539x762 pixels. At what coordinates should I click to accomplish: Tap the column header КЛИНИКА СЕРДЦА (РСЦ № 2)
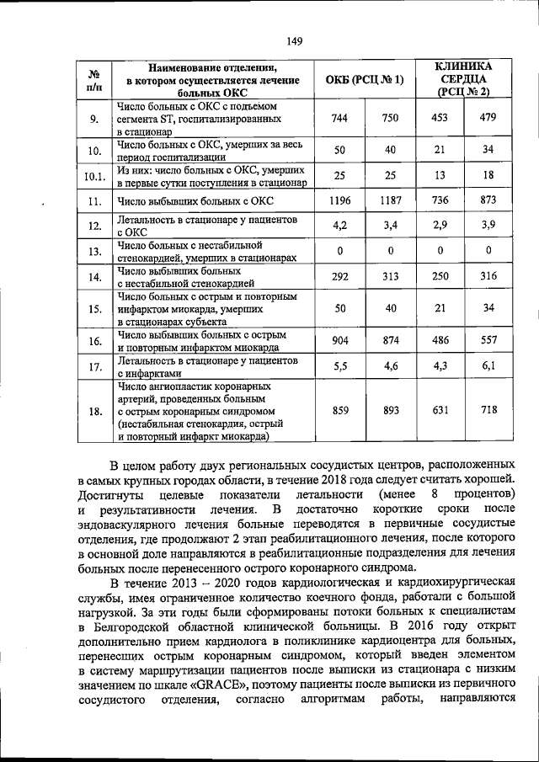coord(464,79)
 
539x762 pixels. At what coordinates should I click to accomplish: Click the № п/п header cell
coord(95,80)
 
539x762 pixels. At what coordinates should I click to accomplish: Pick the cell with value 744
coord(340,119)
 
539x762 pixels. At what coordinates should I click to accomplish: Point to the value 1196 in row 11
coord(340,200)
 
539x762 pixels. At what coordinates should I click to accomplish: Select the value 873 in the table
coord(488,200)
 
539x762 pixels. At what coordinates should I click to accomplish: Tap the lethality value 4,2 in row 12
coord(340,225)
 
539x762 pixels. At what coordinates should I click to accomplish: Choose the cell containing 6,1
coord(488,365)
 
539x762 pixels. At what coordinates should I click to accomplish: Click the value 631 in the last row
coord(440,411)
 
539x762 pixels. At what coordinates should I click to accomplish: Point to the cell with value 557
coord(488,340)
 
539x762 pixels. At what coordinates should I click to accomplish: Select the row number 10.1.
coord(95,177)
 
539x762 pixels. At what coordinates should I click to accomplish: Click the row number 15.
coord(95,309)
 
